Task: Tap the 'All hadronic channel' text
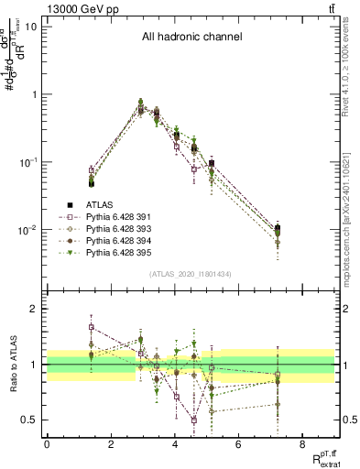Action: (191, 38)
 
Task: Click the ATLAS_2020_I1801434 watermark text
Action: (191, 274)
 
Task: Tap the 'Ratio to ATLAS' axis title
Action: (12, 365)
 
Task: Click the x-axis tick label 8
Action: (302, 444)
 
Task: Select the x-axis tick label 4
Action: (175, 444)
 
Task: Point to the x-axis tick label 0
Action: (47, 444)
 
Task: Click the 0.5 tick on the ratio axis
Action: (31, 420)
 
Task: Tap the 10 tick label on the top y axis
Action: (30, 27)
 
